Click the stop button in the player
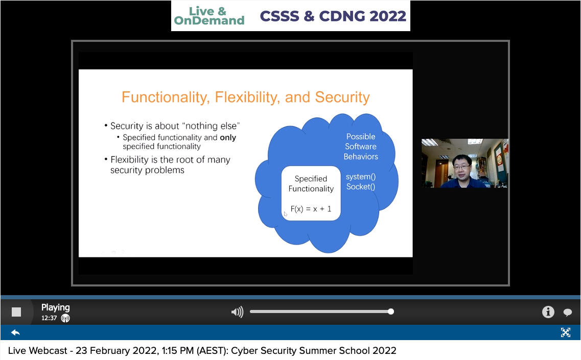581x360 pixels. [16, 312]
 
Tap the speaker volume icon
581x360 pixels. [237, 312]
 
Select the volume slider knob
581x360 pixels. [391, 311]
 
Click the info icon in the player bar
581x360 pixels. [548, 312]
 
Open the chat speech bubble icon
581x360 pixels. [567, 312]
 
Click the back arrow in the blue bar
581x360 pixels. [15, 332]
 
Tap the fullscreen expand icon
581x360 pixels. [566, 332]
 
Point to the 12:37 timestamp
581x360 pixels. [49, 318]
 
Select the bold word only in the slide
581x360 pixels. [228, 137]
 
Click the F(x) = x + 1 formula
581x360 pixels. [311, 209]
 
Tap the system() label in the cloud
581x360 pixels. [361, 177]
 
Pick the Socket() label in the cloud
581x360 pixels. [361, 187]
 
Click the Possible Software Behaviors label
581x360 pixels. [361, 146]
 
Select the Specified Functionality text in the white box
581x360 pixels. [311, 184]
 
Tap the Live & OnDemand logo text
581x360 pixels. [209, 16]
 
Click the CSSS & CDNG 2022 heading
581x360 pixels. [333, 16]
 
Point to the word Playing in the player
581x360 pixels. [56, 307]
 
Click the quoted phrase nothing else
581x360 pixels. [212, 126]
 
